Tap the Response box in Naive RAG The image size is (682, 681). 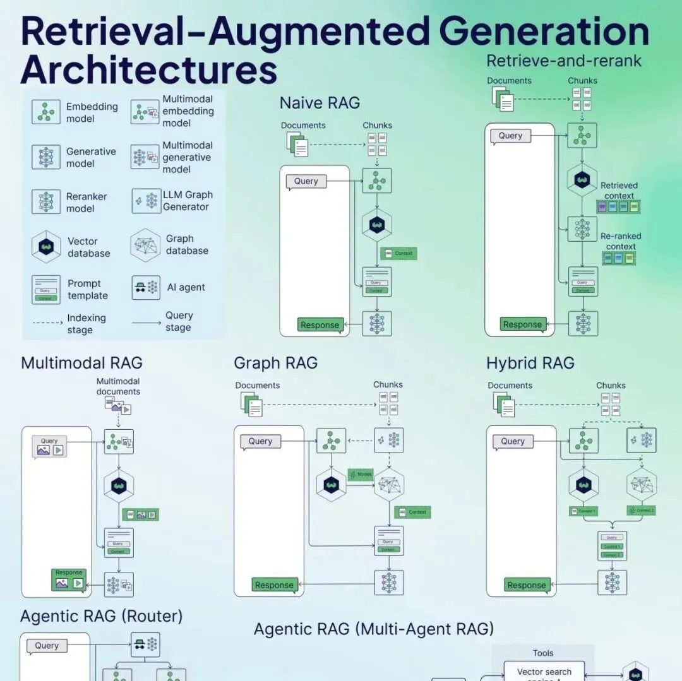click(x=320, y=325)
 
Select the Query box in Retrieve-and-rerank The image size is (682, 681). click(x=510, y=136)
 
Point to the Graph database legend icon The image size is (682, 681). click(x=145, y=245)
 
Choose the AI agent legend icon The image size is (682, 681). click(x=145, y=287)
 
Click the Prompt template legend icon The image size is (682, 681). click(x=46, y=290)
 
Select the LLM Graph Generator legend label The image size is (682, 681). click(x=188, y=201)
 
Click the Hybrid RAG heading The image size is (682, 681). click(x=530, y=363)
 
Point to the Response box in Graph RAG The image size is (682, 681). click(x=274, y=585)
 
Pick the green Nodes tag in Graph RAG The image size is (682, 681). click(x=361, y=474)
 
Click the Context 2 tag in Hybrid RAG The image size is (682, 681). click(x=642, y=511)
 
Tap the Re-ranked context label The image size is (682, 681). click(x=620, y=241)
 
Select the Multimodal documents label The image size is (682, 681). click(x=118, y=386)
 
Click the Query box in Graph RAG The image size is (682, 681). click(x=260, y=441)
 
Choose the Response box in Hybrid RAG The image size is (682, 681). click(x=526, y=585)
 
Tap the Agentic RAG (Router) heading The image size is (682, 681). click(x=102, y=616)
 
